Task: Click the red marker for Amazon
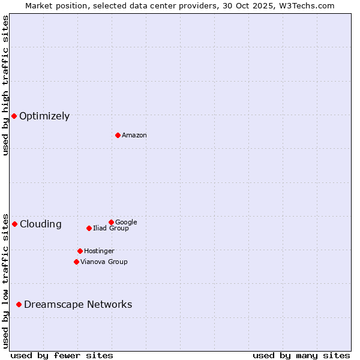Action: pyautogui.click(x=118, y=135)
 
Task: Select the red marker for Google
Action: pyautogui.click(x=111, y=222)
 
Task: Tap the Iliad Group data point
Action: pyautogui.click(x=89, y=228)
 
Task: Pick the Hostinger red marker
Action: pyautogui.click(x=80, y=251)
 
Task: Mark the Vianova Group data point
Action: pyautogui.click(x=76, y=262)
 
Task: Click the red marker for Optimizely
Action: pyautogui.click(x=14, y=116)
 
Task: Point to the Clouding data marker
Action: pyautogui.click(x=14, y=224)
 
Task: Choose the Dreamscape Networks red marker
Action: pyautogui.click(x=19, y=304)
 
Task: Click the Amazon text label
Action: pyautogui.click(x=134, y=136)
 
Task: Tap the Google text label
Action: pyautogui.click(x=126, y=222)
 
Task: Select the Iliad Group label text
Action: pyautogui.click(x=111, y=228)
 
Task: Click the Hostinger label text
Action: pyautogui.click(x=99, y=251)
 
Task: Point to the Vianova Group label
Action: pyautogui.click(x=104, y=262)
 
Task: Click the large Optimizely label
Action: pyautogui.click(x=44, y=116)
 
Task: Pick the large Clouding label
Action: pyautogui.click(x=40, y=224)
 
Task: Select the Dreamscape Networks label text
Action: pyautogui.click(x=78, y=305)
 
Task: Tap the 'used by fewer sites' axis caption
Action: pyautogui.click(x=62, y=355)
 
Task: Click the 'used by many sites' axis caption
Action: pyautogui.click(x=301, y=355)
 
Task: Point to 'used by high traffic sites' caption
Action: pyautogui.click(x=5, y=85)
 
